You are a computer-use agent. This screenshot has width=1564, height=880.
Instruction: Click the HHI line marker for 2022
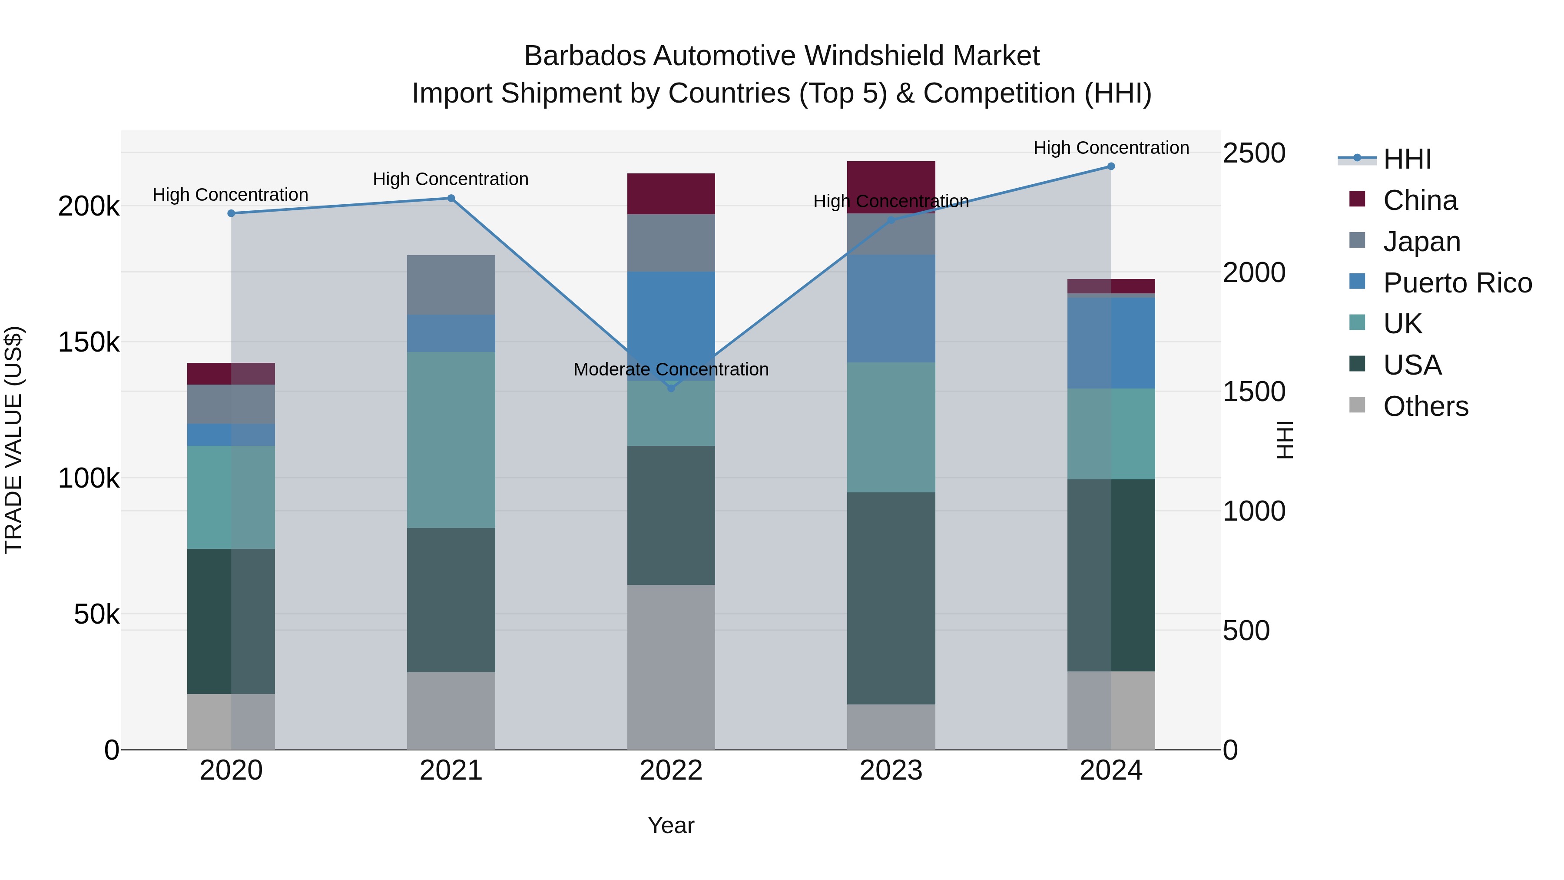pyautogui.click(x=671, y=388)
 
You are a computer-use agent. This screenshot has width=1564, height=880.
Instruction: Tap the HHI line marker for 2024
pyautogui.click(x=1111, y=166)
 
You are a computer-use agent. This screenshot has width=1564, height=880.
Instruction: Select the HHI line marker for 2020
pyautogui.click(x=231, y=213)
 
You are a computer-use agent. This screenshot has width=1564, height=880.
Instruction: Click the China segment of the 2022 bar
pyautogui.click(x=671, y=194)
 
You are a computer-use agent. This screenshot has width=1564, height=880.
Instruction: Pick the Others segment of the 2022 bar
pyautogui.click(x=671, y=667)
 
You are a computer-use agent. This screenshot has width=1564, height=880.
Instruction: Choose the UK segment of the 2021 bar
pyautogui.click(x=451, y=440)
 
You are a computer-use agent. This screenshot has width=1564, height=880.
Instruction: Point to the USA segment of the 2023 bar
pyautogui.click(x=891, y=598)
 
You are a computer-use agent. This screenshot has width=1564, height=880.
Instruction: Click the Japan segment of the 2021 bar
pyautogui.click(x=451, y=285)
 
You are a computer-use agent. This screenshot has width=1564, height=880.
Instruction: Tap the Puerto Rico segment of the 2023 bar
pyautogui.click(x=891, y=309)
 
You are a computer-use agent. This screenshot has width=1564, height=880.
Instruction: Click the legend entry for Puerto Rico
pyautogui.click(x=1457, y=283)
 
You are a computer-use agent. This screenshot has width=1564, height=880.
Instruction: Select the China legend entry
pyautogui.click(x=1419, y=200)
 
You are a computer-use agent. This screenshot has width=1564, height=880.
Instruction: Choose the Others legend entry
pyautogui.click(x=1425, y=406)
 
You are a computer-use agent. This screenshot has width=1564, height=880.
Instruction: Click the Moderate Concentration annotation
pyautogui.click(x=671, y=369)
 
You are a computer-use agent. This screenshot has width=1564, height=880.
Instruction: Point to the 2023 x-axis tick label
pyautogui.click(x=891, y=770)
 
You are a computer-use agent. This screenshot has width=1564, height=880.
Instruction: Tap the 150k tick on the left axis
pyautogui.click(x=89, y=342)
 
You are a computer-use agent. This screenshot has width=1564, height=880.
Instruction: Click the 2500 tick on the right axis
pyautogui.click(x=1254, y=153)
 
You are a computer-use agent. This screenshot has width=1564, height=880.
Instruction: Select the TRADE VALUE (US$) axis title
pyautogui.click(x=13, y=440)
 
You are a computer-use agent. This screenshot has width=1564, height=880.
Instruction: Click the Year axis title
pyautogui.click(x=671, y=825)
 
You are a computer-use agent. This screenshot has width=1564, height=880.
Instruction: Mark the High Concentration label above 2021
pyautogui.click(x=451, y=179)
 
